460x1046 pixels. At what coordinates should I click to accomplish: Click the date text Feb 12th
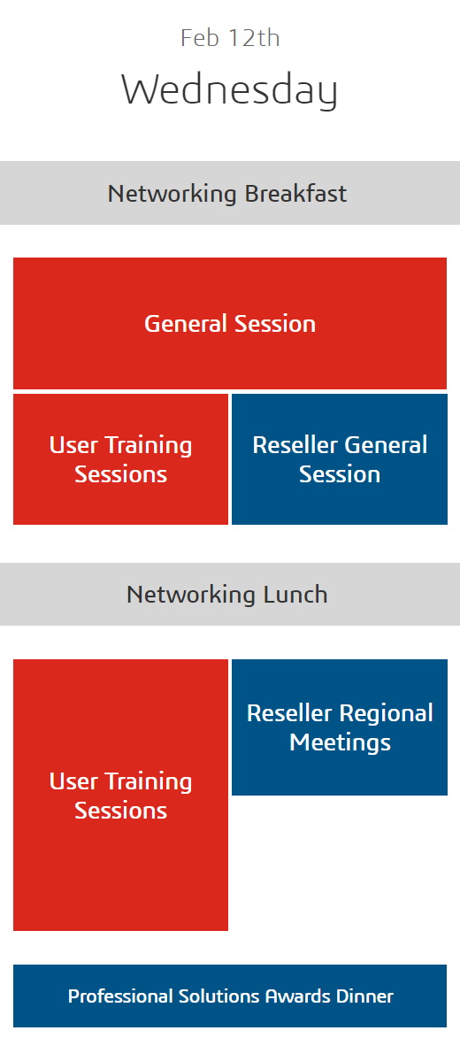pyautogui.click(x=230, y=37)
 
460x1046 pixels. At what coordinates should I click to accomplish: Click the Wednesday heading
pyautogui.click(x=229, y=91)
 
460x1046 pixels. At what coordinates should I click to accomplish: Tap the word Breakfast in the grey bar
pyautogui.click(x=295, y=194)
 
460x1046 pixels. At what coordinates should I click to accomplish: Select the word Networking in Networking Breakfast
pyautogui.click(x=172, y=195)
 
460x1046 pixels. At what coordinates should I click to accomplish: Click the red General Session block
pyautogui.click(x=230, y=324)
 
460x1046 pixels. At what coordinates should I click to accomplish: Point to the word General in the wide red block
pyautogui.click(x=186, y=324)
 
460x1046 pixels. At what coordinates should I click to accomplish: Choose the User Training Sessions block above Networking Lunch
pyautogui.click(x=120, y=459)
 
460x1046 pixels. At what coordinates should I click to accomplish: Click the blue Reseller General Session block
pyautogui.click(x=340, y=459)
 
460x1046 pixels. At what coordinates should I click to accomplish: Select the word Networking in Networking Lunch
pyautogui.click(x=191, y=595)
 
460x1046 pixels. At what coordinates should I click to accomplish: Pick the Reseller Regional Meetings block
pyautogui.click(x=340, y=727)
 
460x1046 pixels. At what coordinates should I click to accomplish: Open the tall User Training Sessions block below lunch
pyautogui.click(x=120, y=796)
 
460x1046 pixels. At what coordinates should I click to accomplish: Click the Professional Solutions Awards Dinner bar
pyautogui.click(x=230, y=996)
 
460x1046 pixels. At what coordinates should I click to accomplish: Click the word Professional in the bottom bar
pyautogui.click(x=120, y=996)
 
